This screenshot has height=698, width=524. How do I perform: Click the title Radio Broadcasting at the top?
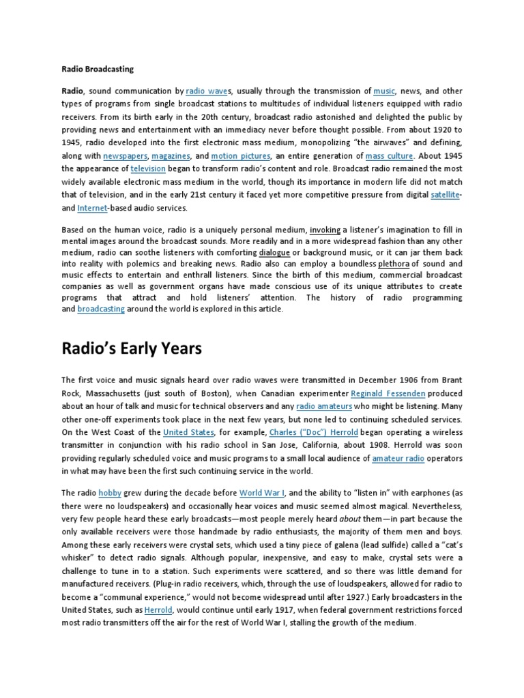pyautogui.click(x=98, y=69)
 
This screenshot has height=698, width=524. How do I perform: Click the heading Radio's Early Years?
pyautogui.click(x=132, y=348)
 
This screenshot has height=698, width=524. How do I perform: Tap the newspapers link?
pyautogui.click(x=124, y=156)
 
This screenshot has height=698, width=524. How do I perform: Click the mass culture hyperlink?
pyautogui.click(x=389, y=156)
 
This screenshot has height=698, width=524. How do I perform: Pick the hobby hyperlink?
pyautogui.click(x=109, y=493)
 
